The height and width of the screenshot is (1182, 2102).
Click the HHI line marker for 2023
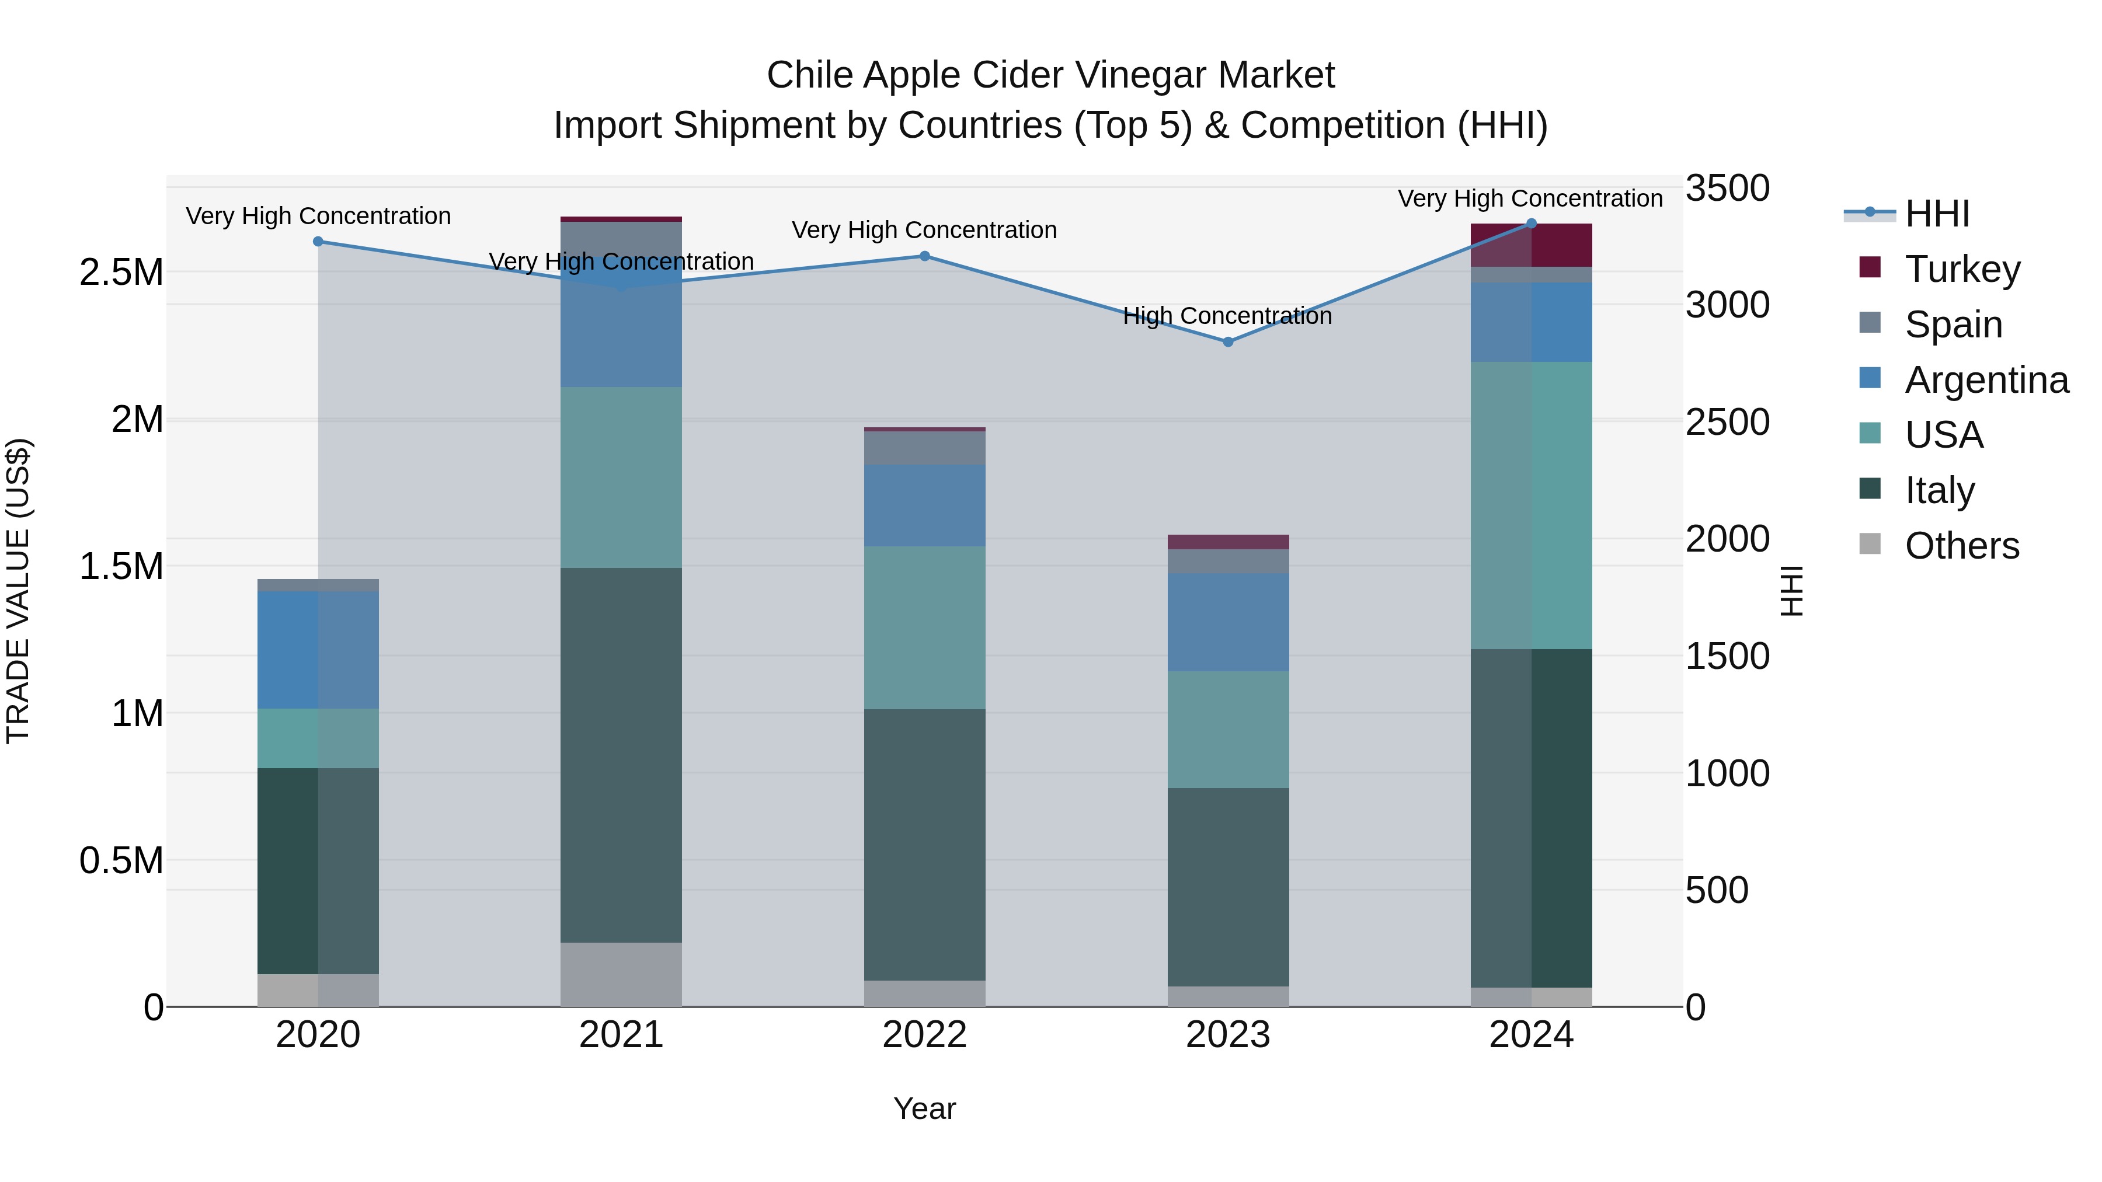point(1228,342)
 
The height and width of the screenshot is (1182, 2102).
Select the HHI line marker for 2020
point(318,242)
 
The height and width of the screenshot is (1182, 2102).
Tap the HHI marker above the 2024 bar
point(1531,224)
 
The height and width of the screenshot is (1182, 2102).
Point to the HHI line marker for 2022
point(924,256)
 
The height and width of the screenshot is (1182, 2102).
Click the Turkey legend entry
point(1962,269)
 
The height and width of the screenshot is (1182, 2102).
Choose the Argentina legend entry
point(1986,380)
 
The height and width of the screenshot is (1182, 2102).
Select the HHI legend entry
point(1936,214)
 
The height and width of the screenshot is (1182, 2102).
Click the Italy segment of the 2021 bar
point(621,755)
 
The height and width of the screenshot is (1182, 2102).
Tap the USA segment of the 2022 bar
point(924,627)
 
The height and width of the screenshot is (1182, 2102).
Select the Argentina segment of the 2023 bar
point(1228,622)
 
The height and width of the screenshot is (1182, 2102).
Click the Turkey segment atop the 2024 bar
point(1531,245)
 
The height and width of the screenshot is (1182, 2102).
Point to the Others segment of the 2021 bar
point(621,974)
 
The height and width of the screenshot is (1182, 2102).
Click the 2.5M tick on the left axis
point(121,273)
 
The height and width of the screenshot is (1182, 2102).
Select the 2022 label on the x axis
point(924,1035)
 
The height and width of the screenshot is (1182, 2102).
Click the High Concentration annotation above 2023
point(1227,316)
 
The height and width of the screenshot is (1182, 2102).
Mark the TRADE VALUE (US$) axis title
point(18,591)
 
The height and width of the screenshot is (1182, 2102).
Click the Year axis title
point(924,1108)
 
